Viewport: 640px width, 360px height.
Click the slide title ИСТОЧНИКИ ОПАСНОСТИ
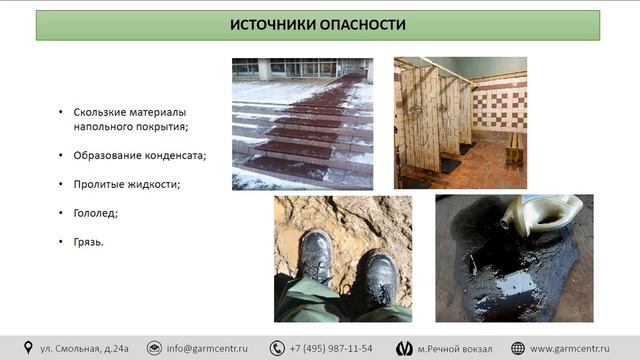tap(319, 24)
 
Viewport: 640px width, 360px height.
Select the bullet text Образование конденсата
tap(139, 155)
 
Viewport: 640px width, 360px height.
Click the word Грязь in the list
tap(89, 242)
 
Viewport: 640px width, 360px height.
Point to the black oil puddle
tap(505, 275)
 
